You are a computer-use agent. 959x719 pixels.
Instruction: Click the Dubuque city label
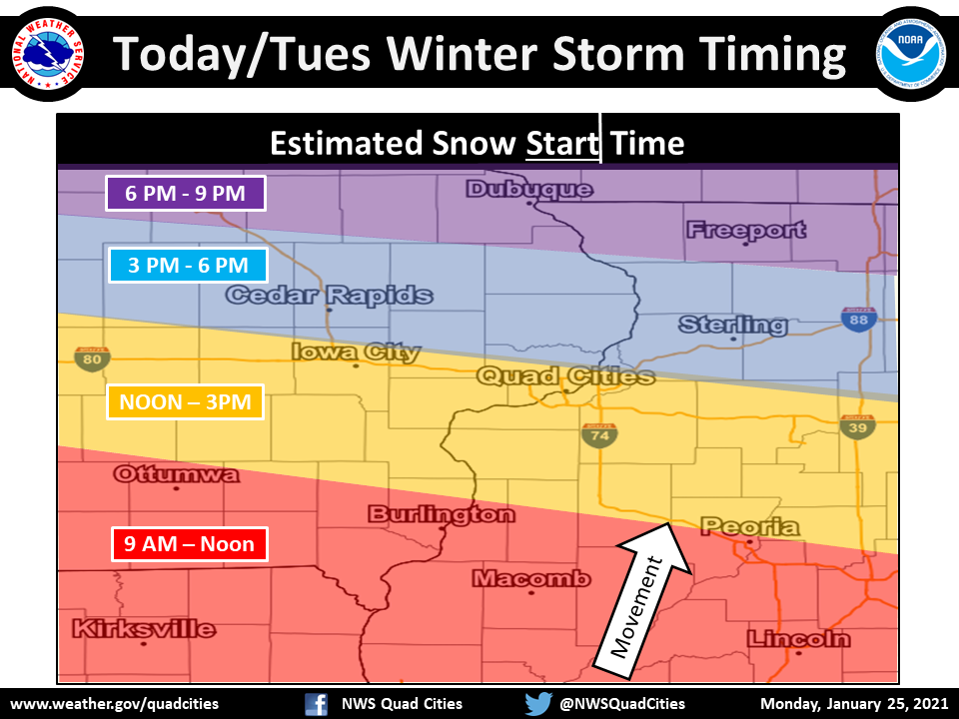tap(528, 190)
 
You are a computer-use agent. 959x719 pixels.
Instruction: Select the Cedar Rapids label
tap(329, 296)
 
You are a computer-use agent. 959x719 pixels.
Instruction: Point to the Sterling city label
tap(732, 325)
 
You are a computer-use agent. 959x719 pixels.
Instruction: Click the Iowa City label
tap(356, 352)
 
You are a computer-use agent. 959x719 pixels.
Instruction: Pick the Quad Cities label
tap(565, 376)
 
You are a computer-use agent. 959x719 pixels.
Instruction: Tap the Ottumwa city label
tap(176, 474)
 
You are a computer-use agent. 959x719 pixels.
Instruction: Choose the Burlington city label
tap(442, 515)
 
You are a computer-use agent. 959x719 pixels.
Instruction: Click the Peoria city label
tap(749, 526)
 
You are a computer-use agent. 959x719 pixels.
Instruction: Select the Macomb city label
tap(530, 579)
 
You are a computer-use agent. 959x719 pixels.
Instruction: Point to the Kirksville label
tap(143, 629)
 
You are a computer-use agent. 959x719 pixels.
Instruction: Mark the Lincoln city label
tap(798, 639)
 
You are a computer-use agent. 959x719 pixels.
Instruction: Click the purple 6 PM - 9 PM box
tap(186, 193)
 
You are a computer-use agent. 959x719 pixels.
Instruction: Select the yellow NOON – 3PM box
tap(185, 402)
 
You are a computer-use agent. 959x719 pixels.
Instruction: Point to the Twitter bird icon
tap(538, 703)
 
